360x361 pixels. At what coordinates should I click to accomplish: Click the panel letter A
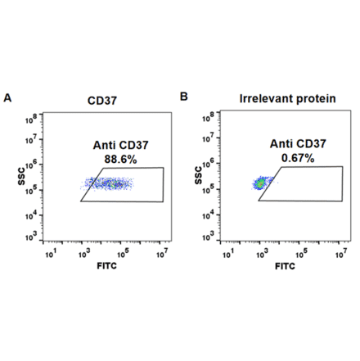pyautogui.click(x=8, y=97)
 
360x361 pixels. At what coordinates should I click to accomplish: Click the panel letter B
pyautogui.click(x=184, y=97)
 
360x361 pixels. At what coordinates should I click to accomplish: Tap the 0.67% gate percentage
pyautogui.click(x=292, y=160)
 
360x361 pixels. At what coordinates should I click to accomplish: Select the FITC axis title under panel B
pyautogui.click(x=283, y=267)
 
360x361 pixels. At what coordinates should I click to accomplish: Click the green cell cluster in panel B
pyautogui.click(x=261, y=184)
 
